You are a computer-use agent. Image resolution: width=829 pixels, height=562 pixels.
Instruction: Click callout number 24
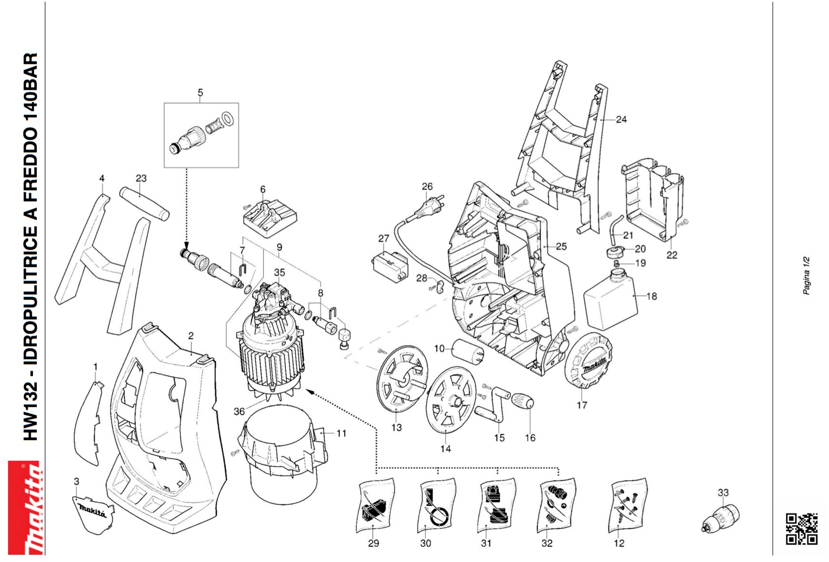(x=621, y=119)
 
